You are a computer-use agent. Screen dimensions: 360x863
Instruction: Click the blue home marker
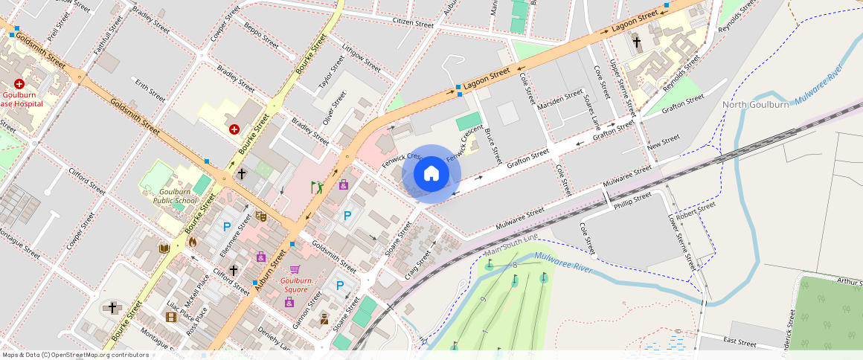click(x=431, y=174)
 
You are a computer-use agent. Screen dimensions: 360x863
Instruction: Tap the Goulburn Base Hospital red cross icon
click(x=19, y=85)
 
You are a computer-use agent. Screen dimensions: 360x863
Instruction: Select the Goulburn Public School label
click(x=175, y=196)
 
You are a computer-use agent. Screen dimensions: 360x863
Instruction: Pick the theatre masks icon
click(x=260, y=216)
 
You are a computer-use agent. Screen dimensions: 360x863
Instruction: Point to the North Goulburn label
click(x=756, y=105)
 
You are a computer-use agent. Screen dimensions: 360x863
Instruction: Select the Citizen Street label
click(x=413, y=24)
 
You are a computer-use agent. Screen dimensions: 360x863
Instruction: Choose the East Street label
click(x=740, y=343)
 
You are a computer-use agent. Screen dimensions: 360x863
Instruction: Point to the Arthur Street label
click(x=848, y=281)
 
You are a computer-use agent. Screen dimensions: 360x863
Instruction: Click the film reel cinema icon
click(x=172, y=318)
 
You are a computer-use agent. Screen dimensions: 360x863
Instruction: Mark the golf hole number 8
click(x=515, y=265)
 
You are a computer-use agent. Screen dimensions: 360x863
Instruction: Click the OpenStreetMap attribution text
click(x=74, y=355)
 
